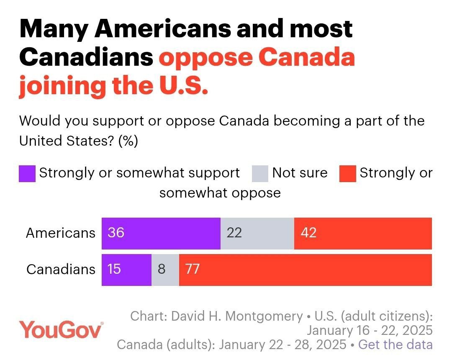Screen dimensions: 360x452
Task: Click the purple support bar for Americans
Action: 161,233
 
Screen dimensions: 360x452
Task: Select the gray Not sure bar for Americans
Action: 257,233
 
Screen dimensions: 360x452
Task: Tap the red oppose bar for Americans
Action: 363,233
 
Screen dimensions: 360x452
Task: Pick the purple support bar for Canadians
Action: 127,270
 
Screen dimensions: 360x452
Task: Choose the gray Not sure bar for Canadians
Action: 165,270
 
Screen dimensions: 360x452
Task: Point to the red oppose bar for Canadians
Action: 306,270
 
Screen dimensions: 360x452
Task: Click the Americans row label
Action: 61,233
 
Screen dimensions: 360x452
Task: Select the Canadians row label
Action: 61,269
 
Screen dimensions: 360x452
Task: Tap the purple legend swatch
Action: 27,174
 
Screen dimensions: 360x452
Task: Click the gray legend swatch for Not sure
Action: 260,174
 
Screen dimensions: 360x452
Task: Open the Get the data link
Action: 395,345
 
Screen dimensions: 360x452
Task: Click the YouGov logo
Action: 61,330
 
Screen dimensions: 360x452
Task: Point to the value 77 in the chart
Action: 192,269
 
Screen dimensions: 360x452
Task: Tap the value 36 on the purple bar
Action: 116,233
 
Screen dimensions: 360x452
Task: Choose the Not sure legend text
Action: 300,172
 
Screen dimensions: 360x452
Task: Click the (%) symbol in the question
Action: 128,141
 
